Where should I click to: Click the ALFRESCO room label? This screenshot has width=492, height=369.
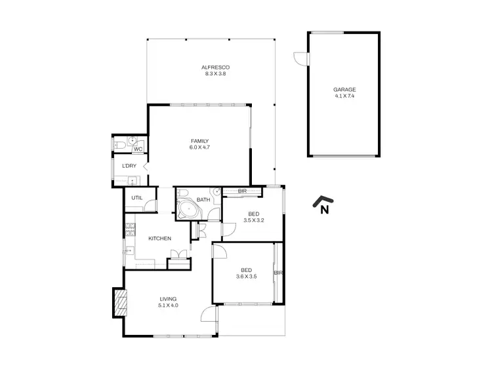pos(215,68)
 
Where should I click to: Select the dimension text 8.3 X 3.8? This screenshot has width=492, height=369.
pos(215,74)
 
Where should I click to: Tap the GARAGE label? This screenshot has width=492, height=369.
pos(343,90)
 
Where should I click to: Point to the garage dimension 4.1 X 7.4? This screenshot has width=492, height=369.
pos(343,96)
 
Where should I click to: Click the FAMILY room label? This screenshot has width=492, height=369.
pos(199,141)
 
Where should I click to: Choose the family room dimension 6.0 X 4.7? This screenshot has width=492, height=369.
pos(199,147)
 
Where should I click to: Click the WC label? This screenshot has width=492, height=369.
pos(138,149)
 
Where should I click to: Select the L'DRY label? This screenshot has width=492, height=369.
pos(129,166)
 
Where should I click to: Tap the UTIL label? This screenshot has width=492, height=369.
pos(136,197)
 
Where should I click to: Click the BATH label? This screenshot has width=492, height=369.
pos(203,199)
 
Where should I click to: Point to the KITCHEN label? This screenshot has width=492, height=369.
pos(159,239)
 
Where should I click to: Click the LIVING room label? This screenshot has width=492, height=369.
pos(168,299)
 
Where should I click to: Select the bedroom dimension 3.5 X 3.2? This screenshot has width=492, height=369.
pos(253,221)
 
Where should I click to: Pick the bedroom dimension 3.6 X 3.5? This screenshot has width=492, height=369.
pos(246,276)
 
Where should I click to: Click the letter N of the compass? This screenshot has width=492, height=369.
pos(324,210)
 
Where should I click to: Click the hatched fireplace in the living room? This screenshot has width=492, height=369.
pos(119,303)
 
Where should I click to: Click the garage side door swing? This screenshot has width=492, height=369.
pos(300,60)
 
